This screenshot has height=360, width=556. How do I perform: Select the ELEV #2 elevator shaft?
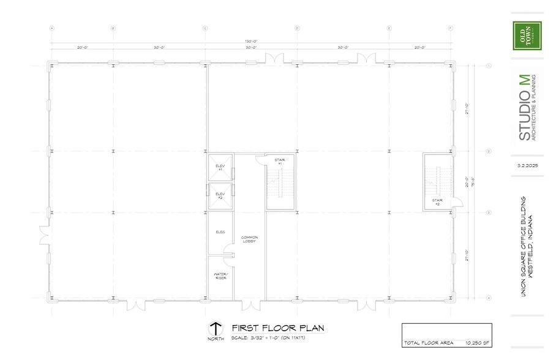220,196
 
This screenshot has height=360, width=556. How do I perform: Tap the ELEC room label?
220,232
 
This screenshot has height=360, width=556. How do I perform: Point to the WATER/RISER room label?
220,276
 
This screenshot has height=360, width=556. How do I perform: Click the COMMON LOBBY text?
249,239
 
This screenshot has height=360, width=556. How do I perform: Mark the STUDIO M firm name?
525,108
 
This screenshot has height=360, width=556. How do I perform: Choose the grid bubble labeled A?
52,28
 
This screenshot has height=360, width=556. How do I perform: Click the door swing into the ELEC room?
228,249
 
